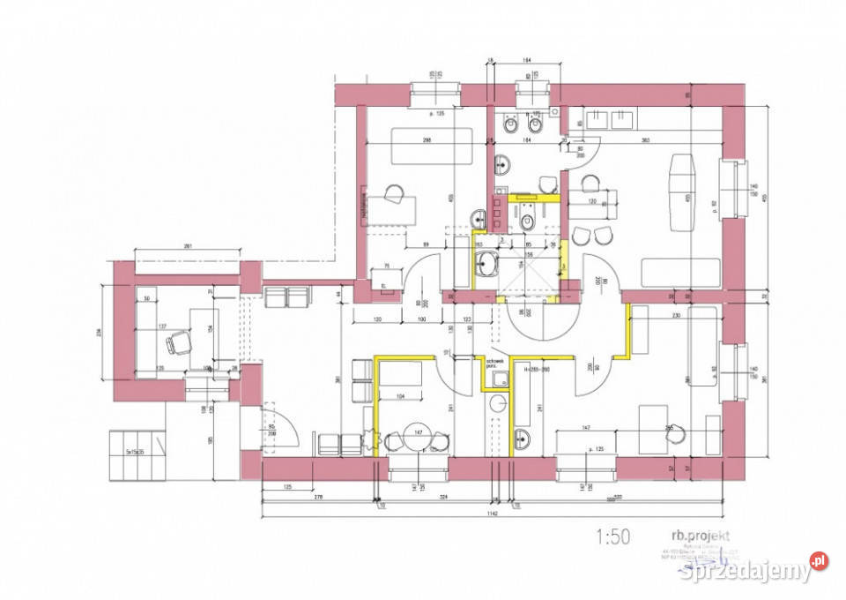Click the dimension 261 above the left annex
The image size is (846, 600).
pos(188,246)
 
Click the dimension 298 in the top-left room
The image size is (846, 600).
pos(427,141)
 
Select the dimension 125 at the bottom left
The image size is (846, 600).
pos(287,486)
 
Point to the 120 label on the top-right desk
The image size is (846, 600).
pos(593,202)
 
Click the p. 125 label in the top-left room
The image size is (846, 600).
pos(434,116)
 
